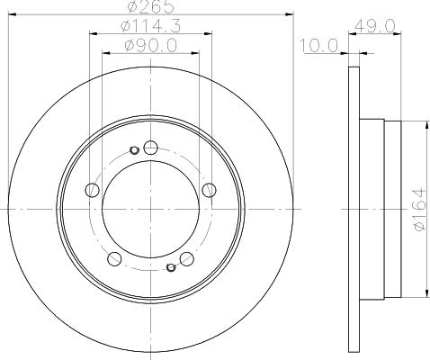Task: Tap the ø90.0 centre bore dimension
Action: click(150, 45)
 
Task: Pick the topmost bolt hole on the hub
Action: click(150, 148)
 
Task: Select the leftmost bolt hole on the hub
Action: click(91, 190)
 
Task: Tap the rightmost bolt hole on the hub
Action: click(210, 189)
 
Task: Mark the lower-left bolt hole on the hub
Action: click(113, 259)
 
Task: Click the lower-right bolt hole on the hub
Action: click(187, 259)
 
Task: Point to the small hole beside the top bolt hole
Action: click(134, 149)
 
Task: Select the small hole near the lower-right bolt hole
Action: click(171, 266)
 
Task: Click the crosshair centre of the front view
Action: click(150, 209)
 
